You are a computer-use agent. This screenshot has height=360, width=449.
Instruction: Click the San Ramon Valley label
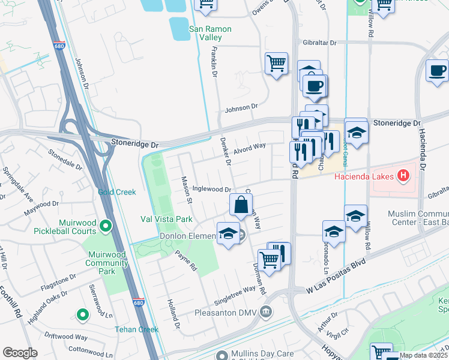(210, 33)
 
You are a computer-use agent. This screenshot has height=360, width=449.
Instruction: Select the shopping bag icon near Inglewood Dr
(241, 205)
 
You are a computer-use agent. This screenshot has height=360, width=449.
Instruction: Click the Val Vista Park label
(166, 219)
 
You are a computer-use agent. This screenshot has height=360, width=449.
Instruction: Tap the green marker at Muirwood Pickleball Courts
(106, 226)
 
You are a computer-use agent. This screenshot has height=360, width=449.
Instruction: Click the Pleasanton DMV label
(234, 313)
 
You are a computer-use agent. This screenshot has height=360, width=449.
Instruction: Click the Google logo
(20, 352)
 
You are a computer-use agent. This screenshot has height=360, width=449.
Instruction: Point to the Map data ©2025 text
(423, 355)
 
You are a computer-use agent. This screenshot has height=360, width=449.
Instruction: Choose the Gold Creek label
(117, 192)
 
